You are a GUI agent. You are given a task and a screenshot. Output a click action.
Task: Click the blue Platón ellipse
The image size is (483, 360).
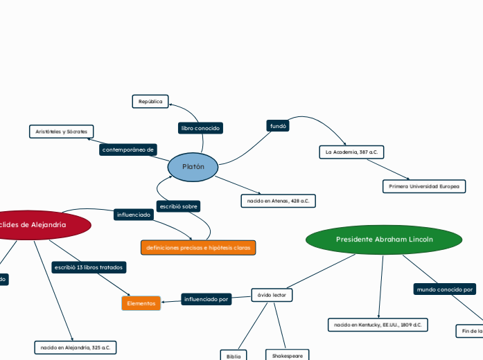coord(193,167)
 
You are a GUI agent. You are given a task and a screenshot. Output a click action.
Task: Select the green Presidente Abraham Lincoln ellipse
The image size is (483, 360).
coord(384,240)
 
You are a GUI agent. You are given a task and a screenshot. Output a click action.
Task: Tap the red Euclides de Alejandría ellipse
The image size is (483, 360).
coord(42,224)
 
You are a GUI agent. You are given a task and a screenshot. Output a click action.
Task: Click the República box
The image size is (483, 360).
coord(150,102)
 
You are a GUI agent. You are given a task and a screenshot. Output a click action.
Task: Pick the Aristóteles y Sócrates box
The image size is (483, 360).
coord(61,132)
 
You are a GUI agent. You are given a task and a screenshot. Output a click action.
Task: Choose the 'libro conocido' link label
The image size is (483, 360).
coord(200,128)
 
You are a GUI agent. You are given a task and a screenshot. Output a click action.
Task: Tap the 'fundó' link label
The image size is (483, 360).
coord(277,126)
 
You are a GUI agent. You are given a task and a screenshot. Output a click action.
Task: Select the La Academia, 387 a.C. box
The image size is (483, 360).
coord(351,152)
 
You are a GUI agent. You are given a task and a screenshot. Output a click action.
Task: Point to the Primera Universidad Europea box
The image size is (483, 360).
coord(423,186)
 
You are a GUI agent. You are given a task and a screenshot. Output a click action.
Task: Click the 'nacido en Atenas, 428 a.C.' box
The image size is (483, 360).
coord(278,201)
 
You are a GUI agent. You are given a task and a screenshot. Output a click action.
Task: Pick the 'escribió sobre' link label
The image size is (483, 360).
coord(179,206)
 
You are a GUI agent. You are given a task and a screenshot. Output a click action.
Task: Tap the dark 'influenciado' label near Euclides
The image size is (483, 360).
coord(134,215)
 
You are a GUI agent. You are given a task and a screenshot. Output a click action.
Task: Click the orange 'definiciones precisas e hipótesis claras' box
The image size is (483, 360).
coord(198,247)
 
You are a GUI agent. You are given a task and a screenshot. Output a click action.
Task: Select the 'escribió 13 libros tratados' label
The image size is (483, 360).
coord(88,267)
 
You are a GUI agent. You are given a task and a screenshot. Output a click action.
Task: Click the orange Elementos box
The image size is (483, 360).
coord(141,303)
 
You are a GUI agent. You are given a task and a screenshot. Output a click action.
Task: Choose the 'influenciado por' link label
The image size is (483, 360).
coord(206,299)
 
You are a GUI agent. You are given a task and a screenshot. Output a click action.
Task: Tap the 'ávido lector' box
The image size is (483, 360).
coord(272,296)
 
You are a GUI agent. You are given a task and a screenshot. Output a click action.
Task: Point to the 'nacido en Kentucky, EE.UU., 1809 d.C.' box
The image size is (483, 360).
coord(378,325)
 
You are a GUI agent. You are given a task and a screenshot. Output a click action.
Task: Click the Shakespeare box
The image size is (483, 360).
coord(288,355)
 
